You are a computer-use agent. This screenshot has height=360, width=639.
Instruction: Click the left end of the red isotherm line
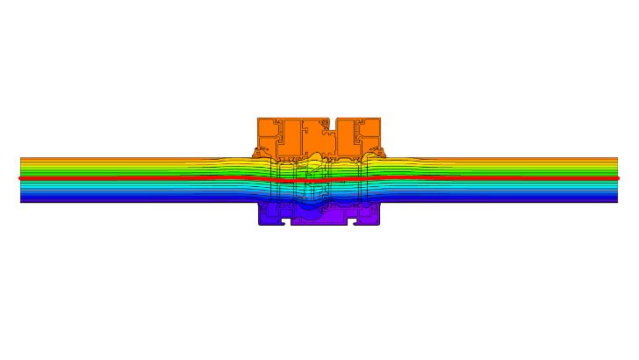(21, 178)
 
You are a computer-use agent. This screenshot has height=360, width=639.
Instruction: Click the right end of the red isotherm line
(617, 178)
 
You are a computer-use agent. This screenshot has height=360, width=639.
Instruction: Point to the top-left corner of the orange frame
(258, 119)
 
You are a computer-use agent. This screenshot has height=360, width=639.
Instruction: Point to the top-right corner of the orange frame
(380, 119)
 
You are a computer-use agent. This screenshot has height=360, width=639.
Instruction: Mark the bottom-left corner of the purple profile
(259, 224)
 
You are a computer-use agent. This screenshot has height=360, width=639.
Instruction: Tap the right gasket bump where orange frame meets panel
(382, 153)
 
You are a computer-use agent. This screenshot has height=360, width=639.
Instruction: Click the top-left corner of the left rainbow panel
(21, 158)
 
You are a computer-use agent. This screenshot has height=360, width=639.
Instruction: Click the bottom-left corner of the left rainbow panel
(21, 202)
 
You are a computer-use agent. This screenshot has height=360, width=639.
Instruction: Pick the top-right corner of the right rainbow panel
(617, 158)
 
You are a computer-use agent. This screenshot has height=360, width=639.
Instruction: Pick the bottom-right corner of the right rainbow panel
(617, 202)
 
